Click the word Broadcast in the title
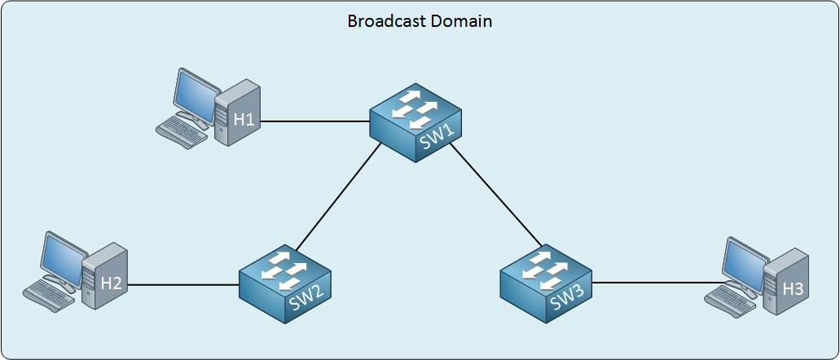381,21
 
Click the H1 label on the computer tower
244,120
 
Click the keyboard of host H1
182,132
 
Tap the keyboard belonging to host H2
49,296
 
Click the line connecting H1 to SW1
315,121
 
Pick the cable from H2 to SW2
183,284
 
